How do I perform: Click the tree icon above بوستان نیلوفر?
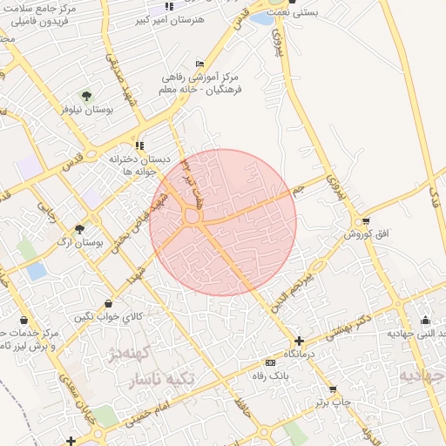(86, 95)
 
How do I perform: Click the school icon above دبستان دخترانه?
(139, 145)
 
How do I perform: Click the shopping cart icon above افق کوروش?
(365, 220)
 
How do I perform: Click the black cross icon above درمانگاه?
(300, 342)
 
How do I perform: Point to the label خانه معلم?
(182, 90)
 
